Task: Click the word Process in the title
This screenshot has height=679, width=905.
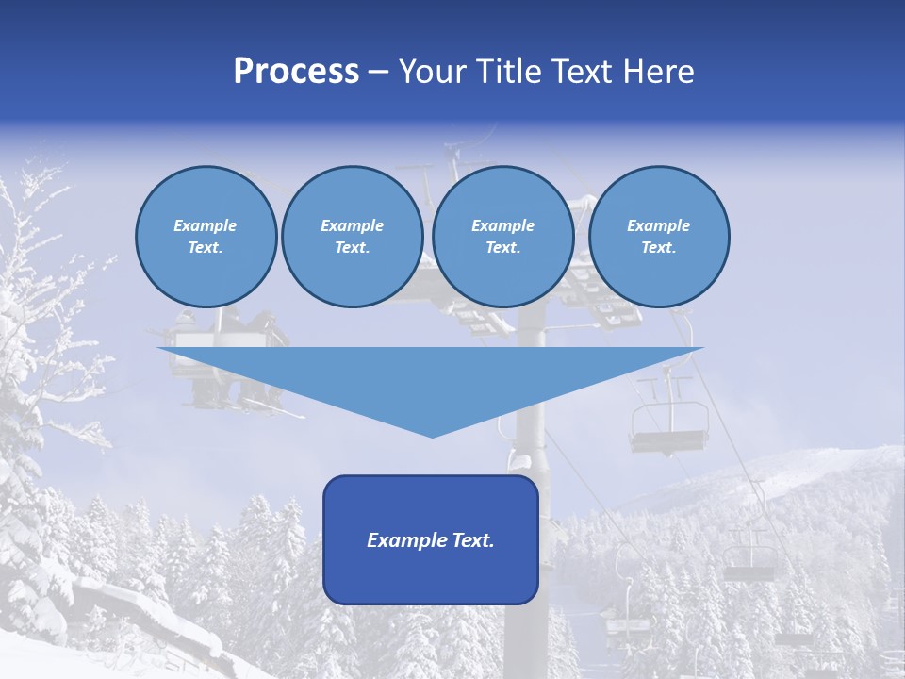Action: [x=296, y=72]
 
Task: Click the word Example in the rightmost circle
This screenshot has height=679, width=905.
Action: [x=658, y=225]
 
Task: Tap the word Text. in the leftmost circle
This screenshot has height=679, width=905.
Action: [x=206, y=248]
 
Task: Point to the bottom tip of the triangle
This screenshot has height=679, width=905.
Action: [x=432, y=435]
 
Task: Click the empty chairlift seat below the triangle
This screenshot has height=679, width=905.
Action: [x=669, y=424]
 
